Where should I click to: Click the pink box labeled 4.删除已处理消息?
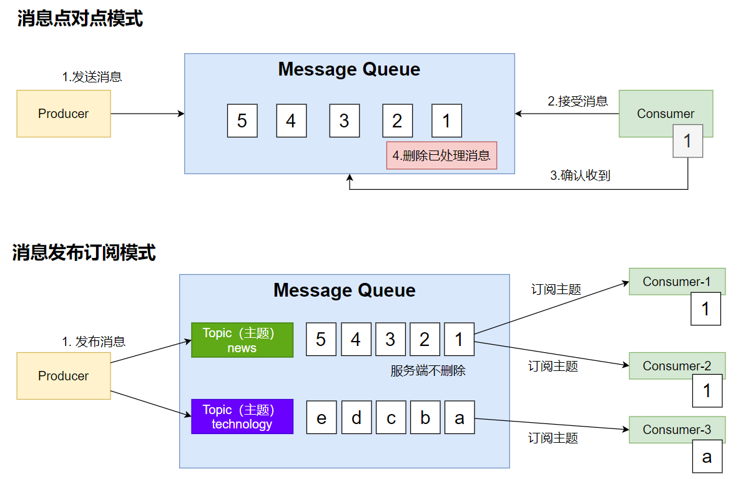(x=441, y=156)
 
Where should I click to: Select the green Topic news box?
(x=242, y=340)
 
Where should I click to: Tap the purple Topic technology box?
(x=242, y=417)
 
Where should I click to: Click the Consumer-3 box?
(x=677, y=430)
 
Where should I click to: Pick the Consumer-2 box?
(x=677, y=365)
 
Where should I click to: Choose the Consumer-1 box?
(x=677, y=282)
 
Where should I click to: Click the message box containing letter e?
(x=322, y=417)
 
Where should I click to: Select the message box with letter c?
(x=391, y=417)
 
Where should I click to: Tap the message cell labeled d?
(x=356, y=417)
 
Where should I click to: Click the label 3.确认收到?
(x=580, y=175)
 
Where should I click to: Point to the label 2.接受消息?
(x=577, y=101)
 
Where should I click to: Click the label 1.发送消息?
(x=92, y=77)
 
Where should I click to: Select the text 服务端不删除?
(x=428, y=371)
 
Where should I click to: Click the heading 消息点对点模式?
(x=80, y=18)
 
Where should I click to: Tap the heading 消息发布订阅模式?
(x=84, y=252)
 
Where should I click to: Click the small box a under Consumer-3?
(x=707, y=457)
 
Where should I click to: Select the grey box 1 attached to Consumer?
(x=687, y=141)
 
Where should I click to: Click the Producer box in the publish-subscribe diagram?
(x=64, y=376)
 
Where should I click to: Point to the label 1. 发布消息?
(x=94, y=342)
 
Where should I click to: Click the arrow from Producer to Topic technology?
(x=151, y=404)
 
